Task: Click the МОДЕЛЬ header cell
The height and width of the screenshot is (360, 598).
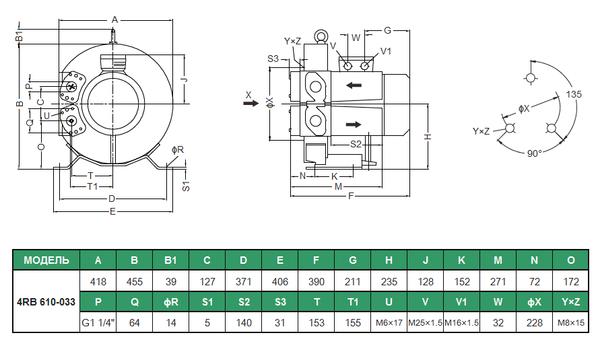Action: point(46,260)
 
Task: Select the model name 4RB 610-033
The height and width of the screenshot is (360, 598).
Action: point(46,301)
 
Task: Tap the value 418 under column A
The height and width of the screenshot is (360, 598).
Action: point(98,281)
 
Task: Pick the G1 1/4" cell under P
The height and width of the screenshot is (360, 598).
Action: point(98,322)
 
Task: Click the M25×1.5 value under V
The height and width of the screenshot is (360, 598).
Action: point(425,322)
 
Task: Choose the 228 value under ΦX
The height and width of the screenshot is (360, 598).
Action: point(534,322)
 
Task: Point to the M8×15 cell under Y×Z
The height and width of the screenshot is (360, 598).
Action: point(571,322)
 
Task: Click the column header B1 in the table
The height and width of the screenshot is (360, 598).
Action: point(171,260)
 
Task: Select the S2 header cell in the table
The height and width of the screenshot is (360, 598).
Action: point(244,301)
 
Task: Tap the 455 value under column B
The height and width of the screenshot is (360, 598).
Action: point(135,281)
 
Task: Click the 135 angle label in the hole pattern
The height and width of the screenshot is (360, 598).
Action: point(574,94)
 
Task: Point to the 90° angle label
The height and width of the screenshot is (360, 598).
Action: point(534,153)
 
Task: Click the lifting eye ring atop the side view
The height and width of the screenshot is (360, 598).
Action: point(321,36)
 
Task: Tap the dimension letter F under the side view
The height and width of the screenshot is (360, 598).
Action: point(350,196)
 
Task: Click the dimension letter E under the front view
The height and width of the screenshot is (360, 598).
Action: point(112,212)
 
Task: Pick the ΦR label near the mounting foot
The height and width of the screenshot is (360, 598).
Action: point(178,149)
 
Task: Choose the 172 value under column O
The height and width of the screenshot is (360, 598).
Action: point(571,281)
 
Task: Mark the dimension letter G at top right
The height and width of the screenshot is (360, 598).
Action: point(388,30)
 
